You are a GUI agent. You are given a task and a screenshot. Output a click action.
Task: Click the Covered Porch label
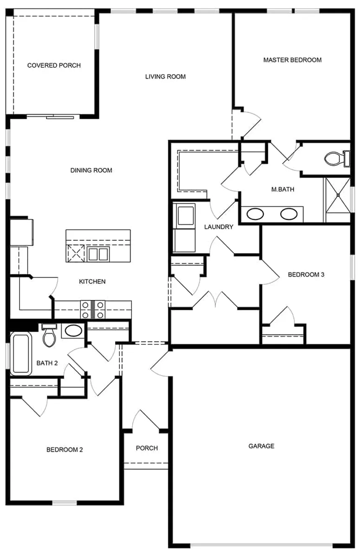click(x=54, y=65)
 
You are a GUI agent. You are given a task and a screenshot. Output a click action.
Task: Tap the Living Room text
click(x=165, y=77)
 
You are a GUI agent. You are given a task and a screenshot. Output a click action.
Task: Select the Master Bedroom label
click(x=292, y=60)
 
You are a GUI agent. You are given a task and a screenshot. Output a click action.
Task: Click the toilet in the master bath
click(x=335, y=158)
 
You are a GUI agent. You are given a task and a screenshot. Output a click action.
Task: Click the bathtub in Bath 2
click(x=21, y=354)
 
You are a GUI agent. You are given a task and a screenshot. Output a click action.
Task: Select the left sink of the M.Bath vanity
click(x=255, y=214)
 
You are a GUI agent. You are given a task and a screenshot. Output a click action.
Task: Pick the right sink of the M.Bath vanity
click(x=289, y=214)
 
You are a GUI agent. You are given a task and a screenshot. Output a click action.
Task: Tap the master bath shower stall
click(x=337, y=200)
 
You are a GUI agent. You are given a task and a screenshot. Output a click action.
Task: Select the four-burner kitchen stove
click(x=93, y=310)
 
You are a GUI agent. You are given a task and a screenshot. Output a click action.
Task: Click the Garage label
click(x=261, y=446)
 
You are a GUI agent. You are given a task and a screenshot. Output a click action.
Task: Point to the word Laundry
click(x=219, y=227)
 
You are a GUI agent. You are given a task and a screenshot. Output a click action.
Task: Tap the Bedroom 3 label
click(x=306, y=275)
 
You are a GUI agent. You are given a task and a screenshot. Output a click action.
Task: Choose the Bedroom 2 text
click(x=64, y=450)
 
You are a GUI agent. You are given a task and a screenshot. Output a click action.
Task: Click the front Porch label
click(x=147, y=448)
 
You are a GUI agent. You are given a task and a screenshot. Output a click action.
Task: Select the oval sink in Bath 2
click(x=74, y=331)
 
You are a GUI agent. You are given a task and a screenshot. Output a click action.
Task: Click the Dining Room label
click(x=91, y=170)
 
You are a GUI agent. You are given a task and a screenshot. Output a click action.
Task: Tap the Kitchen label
click(x=92, y=281)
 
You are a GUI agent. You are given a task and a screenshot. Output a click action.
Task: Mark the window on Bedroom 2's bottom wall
click(x=64, y=502)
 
